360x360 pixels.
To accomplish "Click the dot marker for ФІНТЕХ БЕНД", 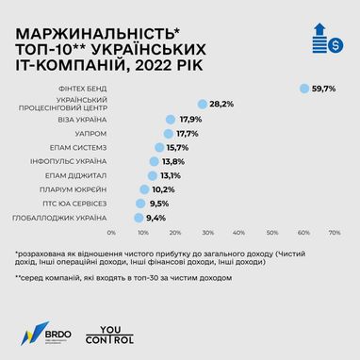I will pos(304,89).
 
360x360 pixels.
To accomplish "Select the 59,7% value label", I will pos(324,89).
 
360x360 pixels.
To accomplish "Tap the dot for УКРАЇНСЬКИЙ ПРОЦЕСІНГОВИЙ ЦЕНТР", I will pos(203,104).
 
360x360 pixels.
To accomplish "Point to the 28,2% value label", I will pos(222,104).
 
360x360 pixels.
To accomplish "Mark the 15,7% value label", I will pos(178,148).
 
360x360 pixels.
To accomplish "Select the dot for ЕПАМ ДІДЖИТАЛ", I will pos(154,175).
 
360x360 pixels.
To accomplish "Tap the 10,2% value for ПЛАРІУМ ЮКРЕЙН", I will pos(163,189).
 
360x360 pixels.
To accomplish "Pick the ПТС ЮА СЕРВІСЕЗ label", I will pos(79,203).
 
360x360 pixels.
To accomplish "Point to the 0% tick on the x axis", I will pos(111,232).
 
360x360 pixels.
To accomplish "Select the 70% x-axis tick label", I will pos(334,232).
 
